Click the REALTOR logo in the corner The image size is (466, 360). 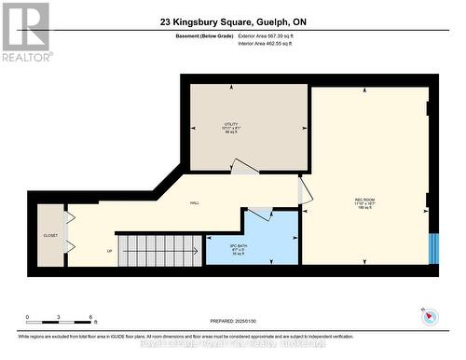pyautogui.click(x=25, y=32)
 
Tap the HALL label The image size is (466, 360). pyautogui.click(x=195, y=203)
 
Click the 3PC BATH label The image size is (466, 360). pyautogui.click(x=239, y=248)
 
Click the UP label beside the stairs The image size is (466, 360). pyautogui.click(x=109, y=252)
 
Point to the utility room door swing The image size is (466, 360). pyautogui.click(x=244, y=167)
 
